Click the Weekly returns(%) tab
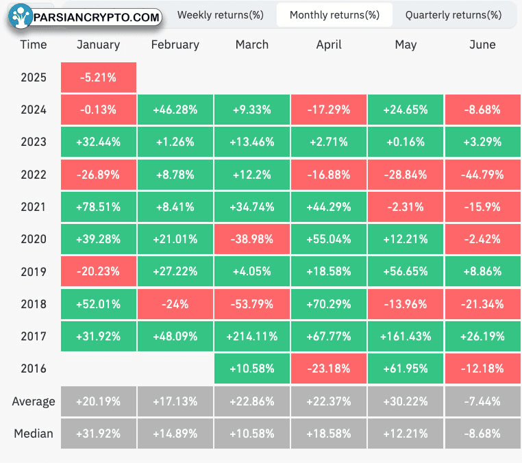pyautogui.click(x=220, y=15)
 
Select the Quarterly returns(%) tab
pyautogui.click(x=453, y=15)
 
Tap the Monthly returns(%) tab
pyautogui.click(x=334, y=15)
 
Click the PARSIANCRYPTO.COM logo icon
pyautogui.click(x=21, y=16)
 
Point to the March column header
pyautogui.click(x=252, y=45)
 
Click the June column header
pyautogui.click(x=482, y=45)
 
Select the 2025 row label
pyautogui.click(x=34, y=77)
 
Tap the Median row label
pyautogui.click(x=34, y=434)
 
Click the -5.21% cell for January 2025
pyautogui.click(x=99, y=77)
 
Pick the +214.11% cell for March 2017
pyautogui.click(x=252, y=336)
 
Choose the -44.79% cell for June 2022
pyautogui.click(x=483, y=175)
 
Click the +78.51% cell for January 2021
pyautogui.click(x=99, y=207)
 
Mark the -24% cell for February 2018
pyautogui.click(x=175, y=304)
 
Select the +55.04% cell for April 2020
pyautogui.click(x=329, y=239)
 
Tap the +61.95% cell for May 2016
pyautogui.click(x=406, y=368)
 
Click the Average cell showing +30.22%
pyautogui.click(x=406, y=401)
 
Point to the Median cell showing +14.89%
pyautogui.click(x=175, y=434)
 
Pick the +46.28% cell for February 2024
pyautogui.click(x=175, y=110)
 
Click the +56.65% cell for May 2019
pyautogui.click(x=406, y=271)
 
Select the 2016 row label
pyautogui.click(x=34, y=368)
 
